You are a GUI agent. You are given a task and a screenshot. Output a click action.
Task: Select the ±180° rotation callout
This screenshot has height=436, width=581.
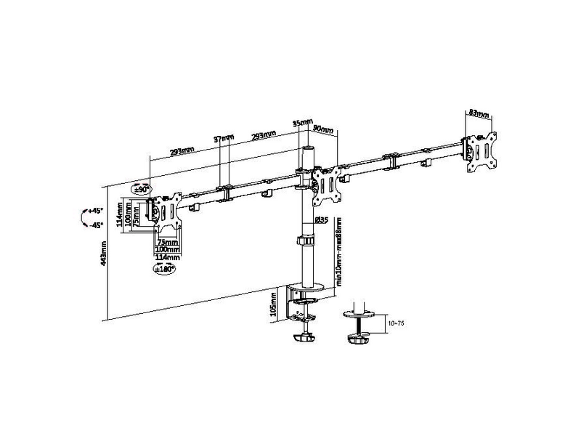click(164, 268)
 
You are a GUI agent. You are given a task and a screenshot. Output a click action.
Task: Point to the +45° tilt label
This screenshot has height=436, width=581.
click(96, 211)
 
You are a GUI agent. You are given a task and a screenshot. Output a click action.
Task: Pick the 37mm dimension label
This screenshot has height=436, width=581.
click(224, 138)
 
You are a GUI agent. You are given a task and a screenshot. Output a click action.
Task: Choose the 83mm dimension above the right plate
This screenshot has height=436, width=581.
click(478, 113)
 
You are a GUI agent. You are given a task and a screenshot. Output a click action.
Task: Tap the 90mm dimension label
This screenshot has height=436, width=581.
click(322, 130)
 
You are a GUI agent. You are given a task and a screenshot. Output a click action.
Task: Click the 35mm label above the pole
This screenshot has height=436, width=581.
click(303, 123)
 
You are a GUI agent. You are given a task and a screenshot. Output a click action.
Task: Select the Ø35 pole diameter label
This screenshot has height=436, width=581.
click(322, 220)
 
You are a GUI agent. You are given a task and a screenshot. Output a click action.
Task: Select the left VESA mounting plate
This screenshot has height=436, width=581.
click(166, 210)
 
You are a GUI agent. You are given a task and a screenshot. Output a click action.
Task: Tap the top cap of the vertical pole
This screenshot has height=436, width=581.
click(307, 148)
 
